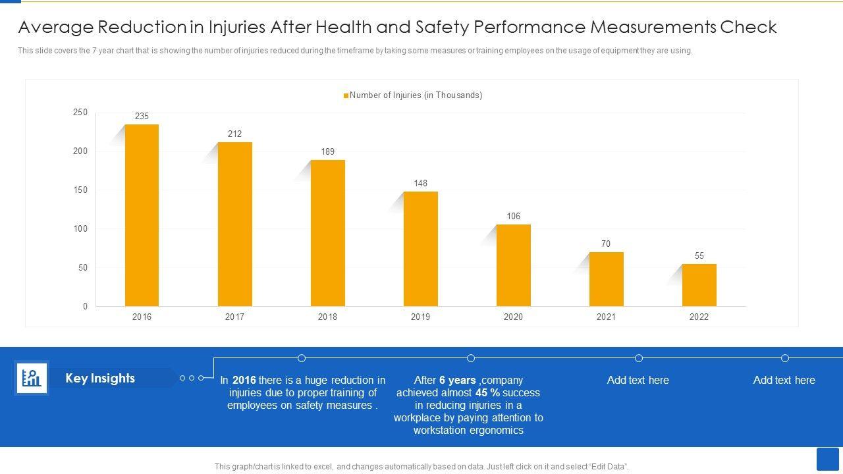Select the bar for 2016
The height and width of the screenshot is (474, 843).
142,215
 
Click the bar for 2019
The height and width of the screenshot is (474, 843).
420,249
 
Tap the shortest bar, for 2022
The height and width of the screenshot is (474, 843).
699,285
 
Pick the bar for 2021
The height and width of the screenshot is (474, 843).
606,279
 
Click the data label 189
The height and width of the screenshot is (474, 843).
327,152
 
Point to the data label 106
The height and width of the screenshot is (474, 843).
513,217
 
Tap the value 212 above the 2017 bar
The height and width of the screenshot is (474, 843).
234,134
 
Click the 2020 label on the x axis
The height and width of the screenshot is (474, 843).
513,317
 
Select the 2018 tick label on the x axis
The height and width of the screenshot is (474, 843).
327,317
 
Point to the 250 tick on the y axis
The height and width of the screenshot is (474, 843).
80,113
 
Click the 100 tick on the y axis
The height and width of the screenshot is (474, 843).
80,229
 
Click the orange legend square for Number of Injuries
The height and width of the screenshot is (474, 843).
346,96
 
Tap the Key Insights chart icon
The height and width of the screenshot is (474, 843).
32,379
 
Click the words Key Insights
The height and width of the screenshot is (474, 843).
100,379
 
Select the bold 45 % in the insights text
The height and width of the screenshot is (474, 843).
487,393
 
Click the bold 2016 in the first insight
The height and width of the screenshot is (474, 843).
244,381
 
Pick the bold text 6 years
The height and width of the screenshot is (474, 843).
457,381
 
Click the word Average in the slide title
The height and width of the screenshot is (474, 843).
57,28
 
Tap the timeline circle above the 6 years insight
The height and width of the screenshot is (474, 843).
471,358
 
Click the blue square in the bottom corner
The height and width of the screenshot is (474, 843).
827,459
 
